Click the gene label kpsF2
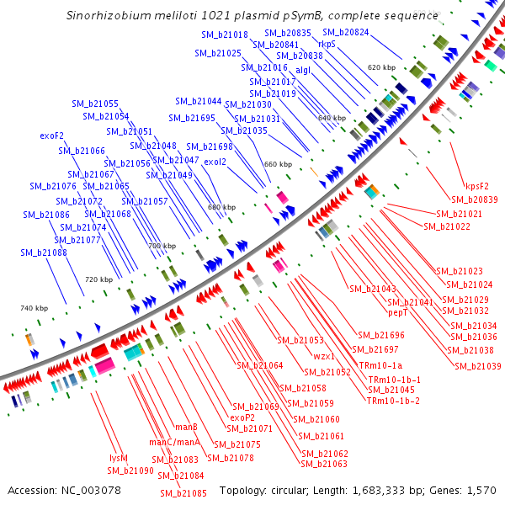477,187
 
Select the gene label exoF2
52,136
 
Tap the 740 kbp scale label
34,309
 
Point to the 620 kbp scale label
381,67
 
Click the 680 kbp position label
221,207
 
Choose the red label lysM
119,458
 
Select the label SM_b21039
477,366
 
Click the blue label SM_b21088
44,252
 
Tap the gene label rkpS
327,44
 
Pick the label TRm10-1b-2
393,401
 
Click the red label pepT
398,312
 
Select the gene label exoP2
242,417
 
